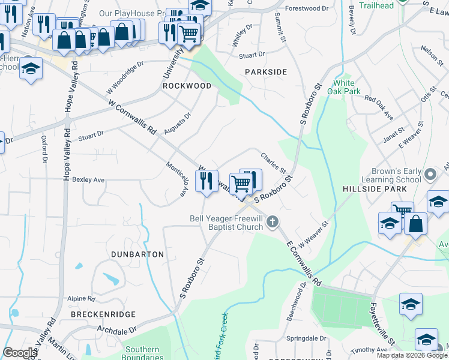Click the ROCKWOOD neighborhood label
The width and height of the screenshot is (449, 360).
(x=187, y=86)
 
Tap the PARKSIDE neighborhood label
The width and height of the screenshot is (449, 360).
(x=266, y=72)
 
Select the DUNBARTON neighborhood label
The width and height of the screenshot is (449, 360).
(x=137, y=254)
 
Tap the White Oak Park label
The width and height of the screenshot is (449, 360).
(x=347, y=87)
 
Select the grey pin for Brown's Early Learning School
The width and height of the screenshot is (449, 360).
(x=429, y=175)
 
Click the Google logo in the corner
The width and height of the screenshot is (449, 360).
(x=20, y=353)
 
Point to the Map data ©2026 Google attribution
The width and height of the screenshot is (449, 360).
(x=412, y=355)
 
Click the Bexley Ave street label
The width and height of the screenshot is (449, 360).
(x=88, y=179)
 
